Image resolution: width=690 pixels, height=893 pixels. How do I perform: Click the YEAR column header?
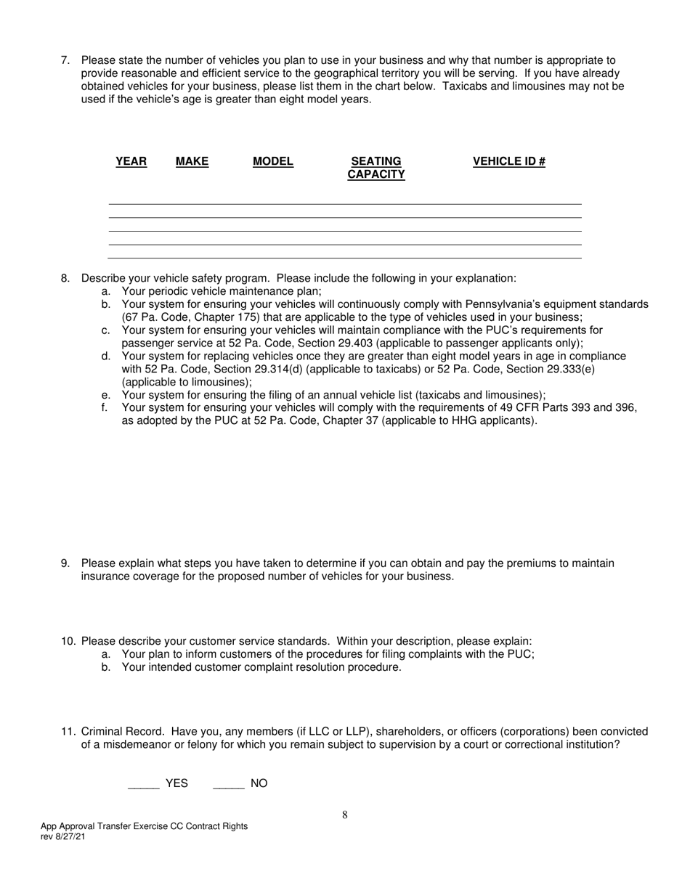[x=131, y=161]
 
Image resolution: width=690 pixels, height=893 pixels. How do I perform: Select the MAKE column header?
[x=192, y=161]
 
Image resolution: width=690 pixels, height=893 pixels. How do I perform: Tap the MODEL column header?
[x=272, y=161]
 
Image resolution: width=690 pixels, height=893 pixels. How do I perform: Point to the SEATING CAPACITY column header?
[x=376, y=168]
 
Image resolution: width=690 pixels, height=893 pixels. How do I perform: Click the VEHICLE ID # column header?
[x=508, y=161]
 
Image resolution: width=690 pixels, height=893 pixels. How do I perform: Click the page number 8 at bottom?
[x=345, y=815]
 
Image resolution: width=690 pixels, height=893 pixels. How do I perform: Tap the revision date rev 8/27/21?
[x=67, y=836]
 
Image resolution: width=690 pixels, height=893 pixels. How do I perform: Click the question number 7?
[x=65, y=60]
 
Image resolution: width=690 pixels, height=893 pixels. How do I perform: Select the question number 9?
[x=65, y=563]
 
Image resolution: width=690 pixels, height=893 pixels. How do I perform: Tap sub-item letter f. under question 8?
[x=105, y=408]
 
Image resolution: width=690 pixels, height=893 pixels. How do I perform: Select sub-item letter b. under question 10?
[x=106, y=667]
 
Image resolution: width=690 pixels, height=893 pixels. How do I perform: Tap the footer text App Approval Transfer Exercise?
[x=105, y=826]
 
